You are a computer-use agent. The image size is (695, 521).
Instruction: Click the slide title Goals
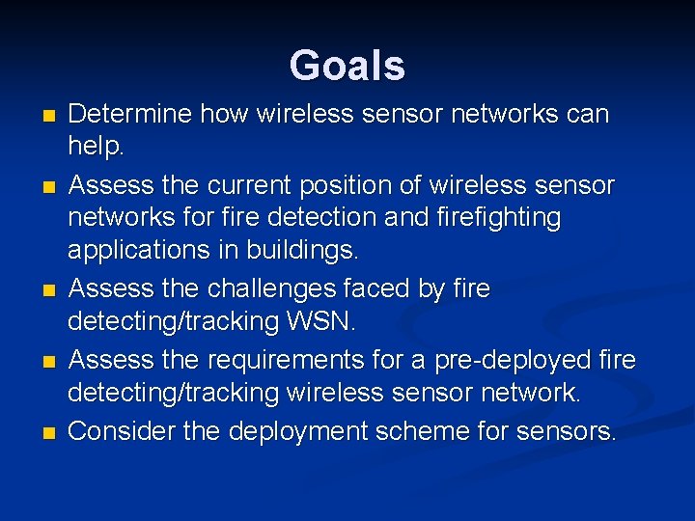click(x=347, y=66)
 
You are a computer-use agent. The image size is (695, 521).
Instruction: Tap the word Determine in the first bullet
click(x=129, y=114)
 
